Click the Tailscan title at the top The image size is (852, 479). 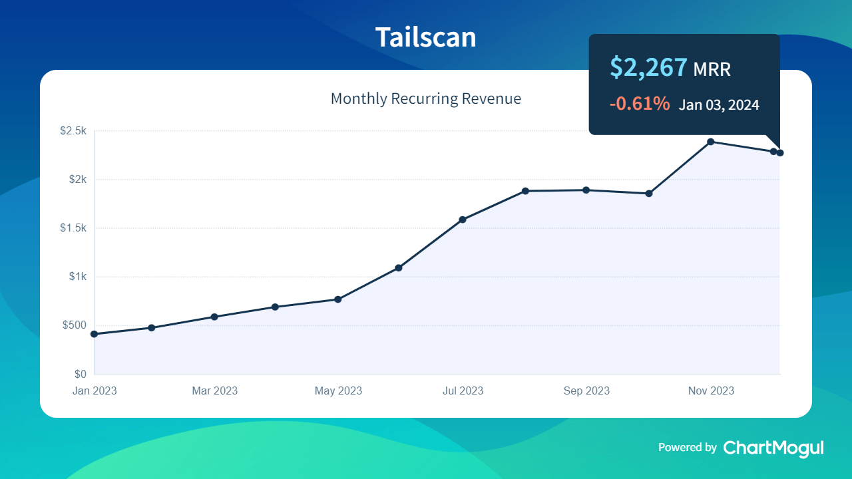click(426, 37)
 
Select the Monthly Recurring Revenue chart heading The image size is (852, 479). click(426, 99)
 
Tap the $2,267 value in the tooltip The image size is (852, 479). click(648, 67)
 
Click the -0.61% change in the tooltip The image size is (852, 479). click(639, 104)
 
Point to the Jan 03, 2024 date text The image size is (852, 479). click(719, 105)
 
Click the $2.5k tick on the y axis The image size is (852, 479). click(73, 131)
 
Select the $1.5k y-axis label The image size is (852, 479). click(73, 228)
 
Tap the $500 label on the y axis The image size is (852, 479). click(75, 325)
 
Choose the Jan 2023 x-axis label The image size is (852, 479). click(95, 391)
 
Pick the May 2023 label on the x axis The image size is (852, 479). click(338, 391)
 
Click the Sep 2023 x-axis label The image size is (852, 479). click(586, 391)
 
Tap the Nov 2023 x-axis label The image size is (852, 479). click(711, 391)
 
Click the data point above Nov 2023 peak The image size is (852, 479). click(711, 142)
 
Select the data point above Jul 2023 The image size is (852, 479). click(463, 220)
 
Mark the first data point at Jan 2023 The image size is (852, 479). click(95, 334)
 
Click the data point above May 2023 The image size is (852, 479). click(338, 299)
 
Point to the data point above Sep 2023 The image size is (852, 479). click(586, 190)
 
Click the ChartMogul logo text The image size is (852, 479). click(773, 448)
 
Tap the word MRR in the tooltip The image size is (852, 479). click(712, 69)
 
